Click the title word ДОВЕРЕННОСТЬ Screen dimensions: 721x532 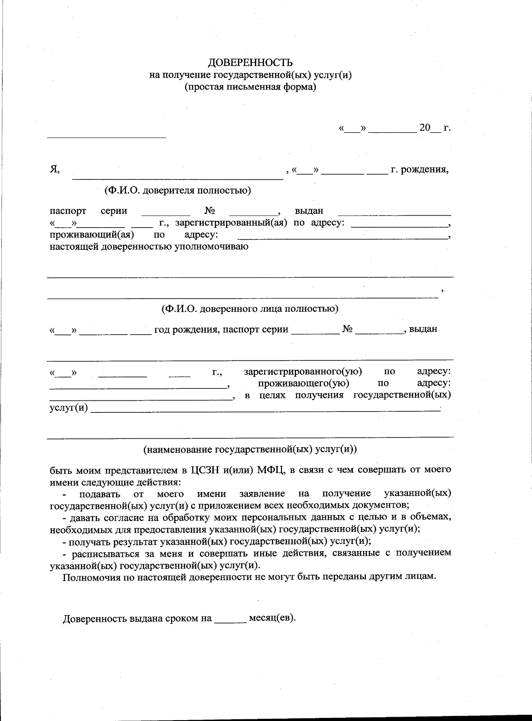(250, 62)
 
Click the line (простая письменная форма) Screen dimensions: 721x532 (250, 87)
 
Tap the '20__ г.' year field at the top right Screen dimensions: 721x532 (434, 128)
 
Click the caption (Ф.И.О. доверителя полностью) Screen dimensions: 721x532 (177, 190)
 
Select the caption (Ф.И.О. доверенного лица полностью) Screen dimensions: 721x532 (250, 308)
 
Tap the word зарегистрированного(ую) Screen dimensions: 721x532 (303, 372)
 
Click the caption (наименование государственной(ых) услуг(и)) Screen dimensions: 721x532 (250, 449)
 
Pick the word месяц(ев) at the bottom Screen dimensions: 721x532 (272, 618)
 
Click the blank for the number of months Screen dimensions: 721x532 (231, 619)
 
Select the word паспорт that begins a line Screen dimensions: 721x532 (68, 211)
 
